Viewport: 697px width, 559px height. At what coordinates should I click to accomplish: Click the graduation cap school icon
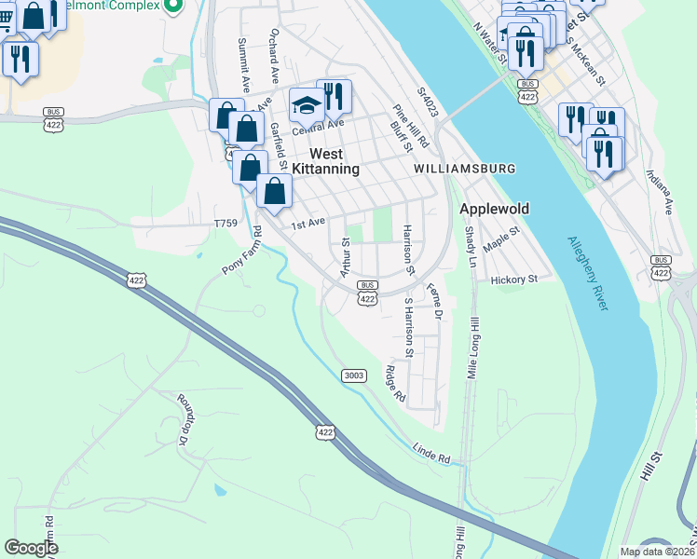(305, 106)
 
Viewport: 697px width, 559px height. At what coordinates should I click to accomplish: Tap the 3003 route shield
(353, 375)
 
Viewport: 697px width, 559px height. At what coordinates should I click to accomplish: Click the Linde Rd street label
(431, 454)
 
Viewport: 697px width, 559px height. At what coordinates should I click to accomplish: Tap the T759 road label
(226, 224)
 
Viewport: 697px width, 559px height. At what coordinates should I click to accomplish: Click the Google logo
(31, 548)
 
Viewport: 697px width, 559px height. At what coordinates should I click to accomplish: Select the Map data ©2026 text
(657, 552)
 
